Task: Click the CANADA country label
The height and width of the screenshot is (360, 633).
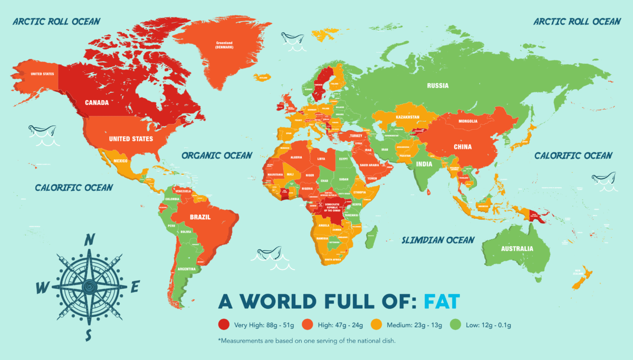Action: coord(97,103)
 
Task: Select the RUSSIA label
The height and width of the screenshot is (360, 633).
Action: coord(438,85)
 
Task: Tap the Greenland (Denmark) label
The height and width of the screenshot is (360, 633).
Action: coord(224,44)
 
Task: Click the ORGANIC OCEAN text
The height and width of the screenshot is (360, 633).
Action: coord(217,155)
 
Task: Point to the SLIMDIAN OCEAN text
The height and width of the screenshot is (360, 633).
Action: coord(438,240)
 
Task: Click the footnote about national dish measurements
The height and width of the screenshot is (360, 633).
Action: coord(306,340)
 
